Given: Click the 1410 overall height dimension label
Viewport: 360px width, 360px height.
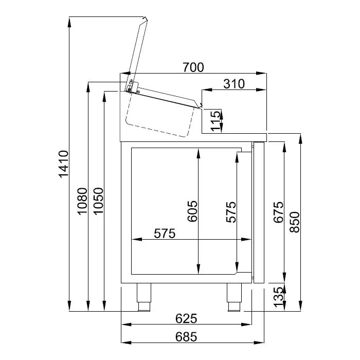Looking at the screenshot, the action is coord(64,164).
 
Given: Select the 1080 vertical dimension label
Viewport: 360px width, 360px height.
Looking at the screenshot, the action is coord(82,201).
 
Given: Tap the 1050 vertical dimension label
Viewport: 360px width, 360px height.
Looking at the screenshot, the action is coord(99,201).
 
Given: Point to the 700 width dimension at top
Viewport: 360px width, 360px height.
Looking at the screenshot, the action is coord(193,67).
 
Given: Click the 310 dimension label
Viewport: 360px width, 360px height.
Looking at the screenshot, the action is coord(234,84).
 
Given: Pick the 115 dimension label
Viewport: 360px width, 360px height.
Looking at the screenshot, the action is coord(215,121).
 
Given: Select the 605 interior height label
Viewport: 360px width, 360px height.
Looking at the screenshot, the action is coord(192,211).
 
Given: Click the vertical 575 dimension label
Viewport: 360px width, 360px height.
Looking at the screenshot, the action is coord(231,212).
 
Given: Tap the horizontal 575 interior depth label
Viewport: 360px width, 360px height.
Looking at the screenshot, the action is coord(165,233).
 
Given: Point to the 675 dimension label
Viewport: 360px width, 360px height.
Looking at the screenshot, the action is coord(278,212).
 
